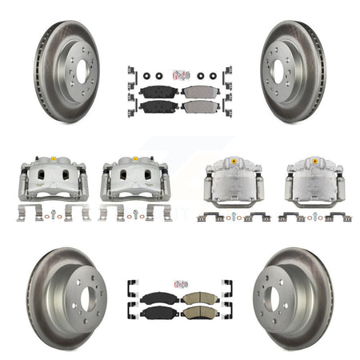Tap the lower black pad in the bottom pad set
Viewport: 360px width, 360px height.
pos(157,313)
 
